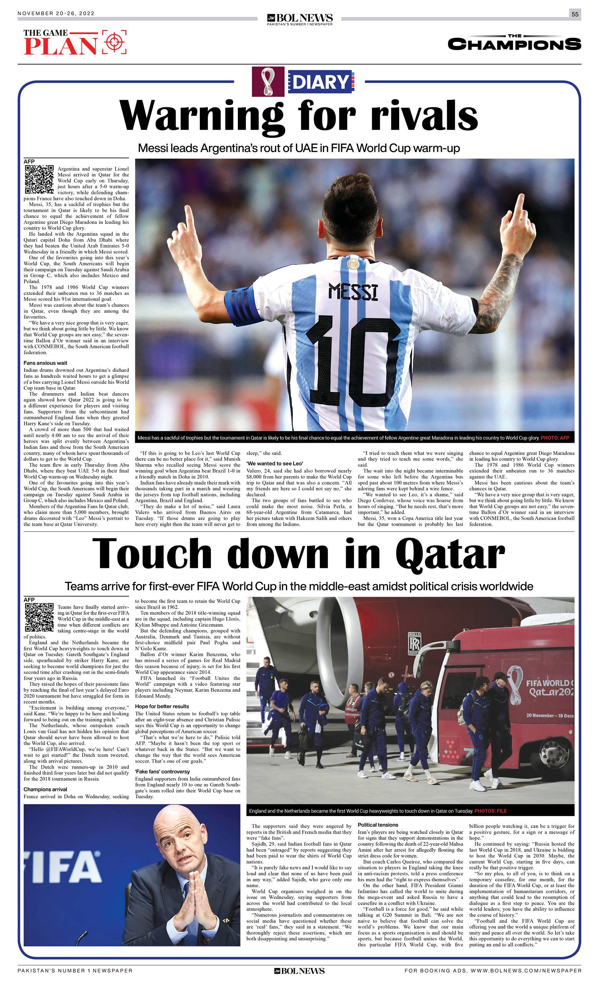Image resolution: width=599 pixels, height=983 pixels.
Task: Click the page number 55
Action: click(575, 14)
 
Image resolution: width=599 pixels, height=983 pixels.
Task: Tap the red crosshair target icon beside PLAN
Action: click(114, 41)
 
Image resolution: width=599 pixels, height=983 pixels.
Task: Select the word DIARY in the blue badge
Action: click(320, 82)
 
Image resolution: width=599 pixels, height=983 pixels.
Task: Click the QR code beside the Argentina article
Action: click(39, 179)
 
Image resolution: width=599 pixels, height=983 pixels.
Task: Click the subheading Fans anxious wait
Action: click(45, 363)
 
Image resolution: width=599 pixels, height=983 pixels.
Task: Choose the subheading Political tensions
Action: click(378, 825)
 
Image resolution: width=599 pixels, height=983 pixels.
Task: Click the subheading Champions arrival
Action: click(45, 789)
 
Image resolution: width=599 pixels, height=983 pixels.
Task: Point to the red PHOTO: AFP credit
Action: click(554, 438)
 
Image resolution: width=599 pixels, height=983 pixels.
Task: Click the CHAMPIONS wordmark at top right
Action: click(514, 44)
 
